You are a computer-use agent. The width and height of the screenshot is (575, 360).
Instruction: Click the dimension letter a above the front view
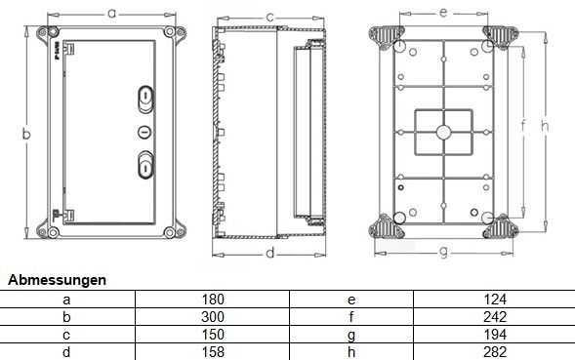(x=112, y=14)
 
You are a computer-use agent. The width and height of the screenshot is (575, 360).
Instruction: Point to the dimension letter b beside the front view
(x=26, y=134)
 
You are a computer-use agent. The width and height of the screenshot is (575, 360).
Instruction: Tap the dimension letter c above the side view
(x=269, y=18)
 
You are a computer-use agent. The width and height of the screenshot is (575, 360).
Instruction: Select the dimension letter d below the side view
(x=270, y=253)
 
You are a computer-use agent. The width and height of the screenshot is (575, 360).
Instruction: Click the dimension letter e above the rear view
(x=443, y=13)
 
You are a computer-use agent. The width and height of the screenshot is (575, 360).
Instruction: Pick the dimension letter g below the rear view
(x=444, y=253)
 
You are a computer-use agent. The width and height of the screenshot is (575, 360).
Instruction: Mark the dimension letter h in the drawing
(x=545, y=126)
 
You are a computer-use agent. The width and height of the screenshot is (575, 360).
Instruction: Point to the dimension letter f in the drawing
(x=523, y=126)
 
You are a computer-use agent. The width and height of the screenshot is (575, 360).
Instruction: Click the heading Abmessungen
(x=58, y=280)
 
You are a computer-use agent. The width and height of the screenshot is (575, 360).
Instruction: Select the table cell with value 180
(x=213, y=300)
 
